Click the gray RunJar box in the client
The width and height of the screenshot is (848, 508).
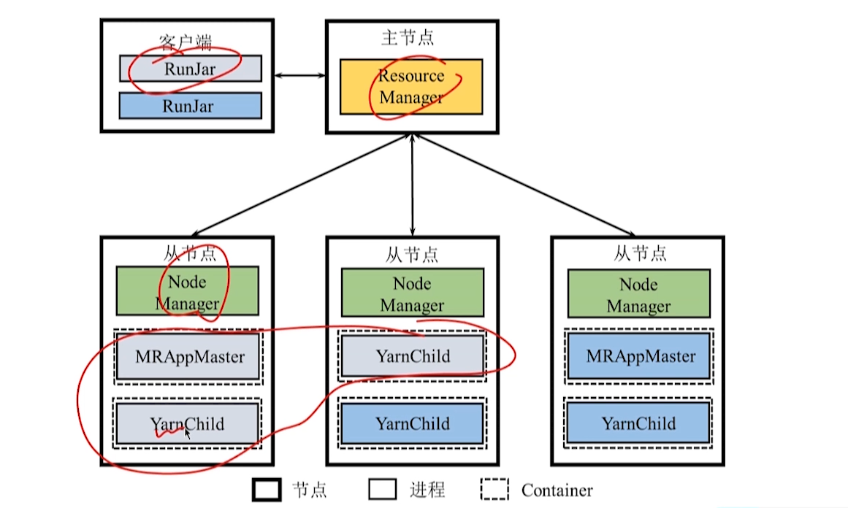191,69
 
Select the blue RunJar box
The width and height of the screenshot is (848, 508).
191,106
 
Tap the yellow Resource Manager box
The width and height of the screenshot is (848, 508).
411,86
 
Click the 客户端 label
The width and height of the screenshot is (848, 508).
186,42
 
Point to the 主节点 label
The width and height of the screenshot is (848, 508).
408,38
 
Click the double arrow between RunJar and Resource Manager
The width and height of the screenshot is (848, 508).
299,74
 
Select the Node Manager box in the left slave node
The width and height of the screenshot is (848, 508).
187,290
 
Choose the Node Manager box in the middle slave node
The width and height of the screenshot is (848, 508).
412,293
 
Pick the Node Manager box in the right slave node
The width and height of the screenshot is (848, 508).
638,293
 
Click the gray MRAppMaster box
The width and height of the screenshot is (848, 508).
188,357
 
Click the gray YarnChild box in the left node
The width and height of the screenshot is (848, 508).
188,423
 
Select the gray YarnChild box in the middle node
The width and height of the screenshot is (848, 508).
413,356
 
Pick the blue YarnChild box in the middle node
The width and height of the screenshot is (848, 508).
413,423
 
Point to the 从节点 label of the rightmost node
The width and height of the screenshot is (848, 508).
640,253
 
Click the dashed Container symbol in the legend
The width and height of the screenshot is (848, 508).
495,490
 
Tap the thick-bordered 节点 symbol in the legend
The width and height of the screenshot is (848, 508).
267,490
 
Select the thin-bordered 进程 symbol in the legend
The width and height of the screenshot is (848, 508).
383,490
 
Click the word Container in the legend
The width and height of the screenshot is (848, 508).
557,490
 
